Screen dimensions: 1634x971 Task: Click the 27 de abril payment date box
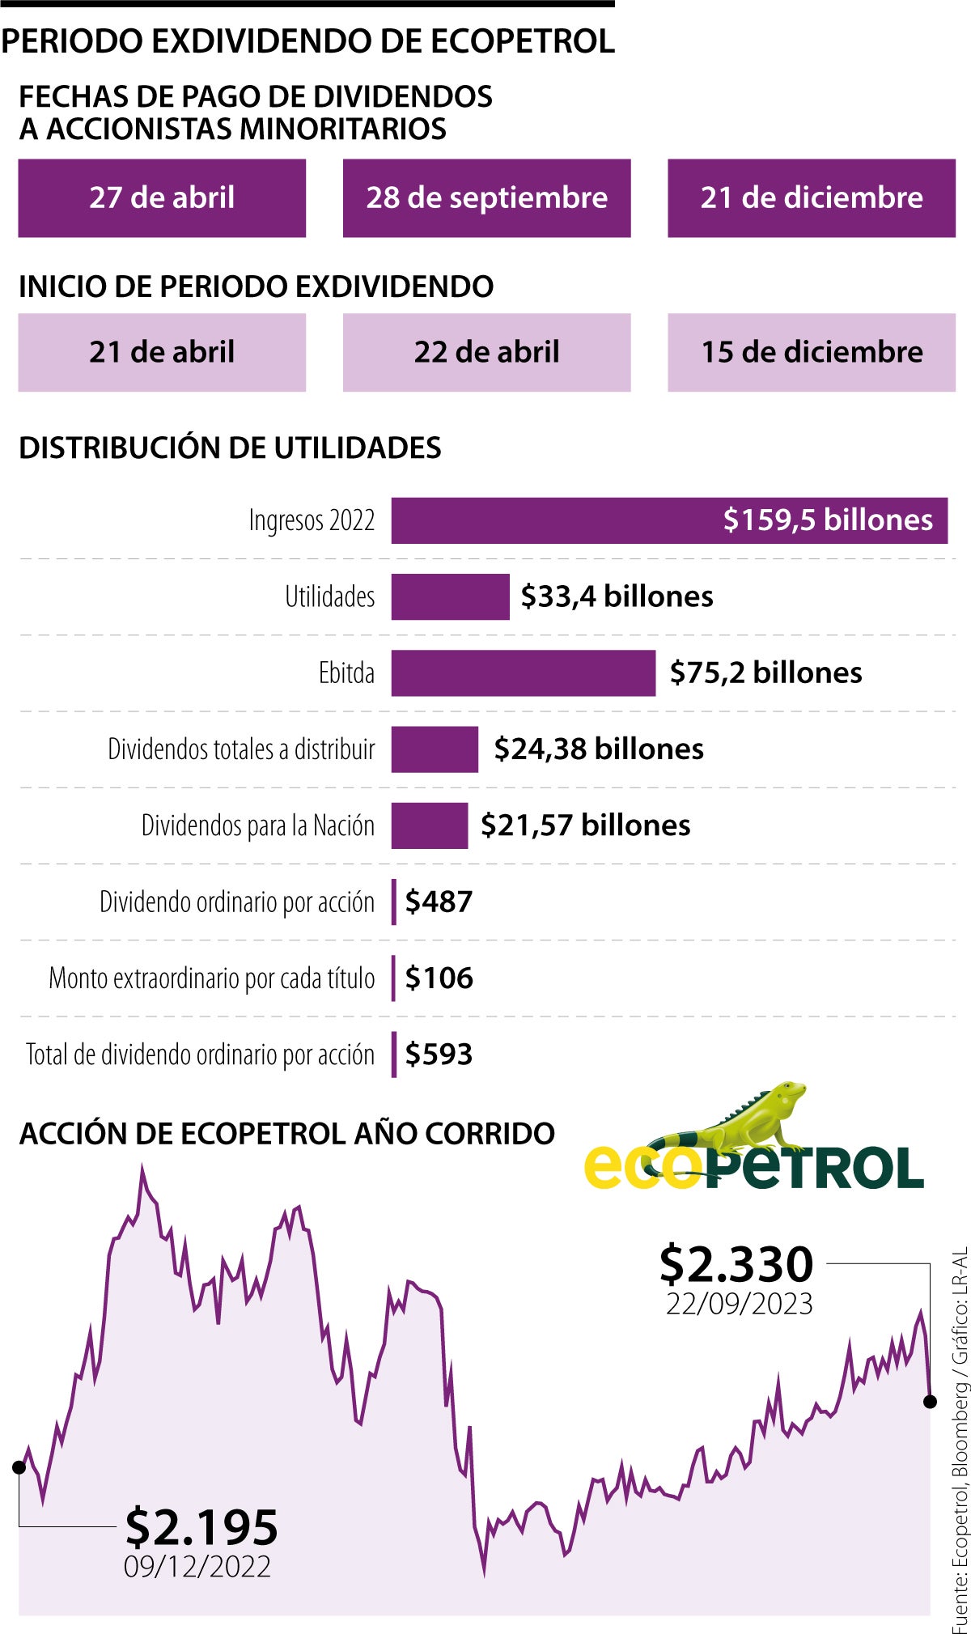click(x=162, y=198)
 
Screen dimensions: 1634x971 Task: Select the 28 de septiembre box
click(x=486, y=198)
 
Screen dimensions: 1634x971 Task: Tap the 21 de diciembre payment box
click(x=811, y=198)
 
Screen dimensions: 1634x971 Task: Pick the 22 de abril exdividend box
click(x=486, y=353)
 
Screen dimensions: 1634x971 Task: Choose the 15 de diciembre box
click(x=811, y=353)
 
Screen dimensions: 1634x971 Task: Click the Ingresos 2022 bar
click(x=668, y=520)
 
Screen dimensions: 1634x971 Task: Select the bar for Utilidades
click(x=450, y=597)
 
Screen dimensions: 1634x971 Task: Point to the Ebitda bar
click(x=523, y=673)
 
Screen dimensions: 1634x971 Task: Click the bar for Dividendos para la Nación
click(x=429, y=825)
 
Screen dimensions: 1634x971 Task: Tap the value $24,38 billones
click(x=598, y=749)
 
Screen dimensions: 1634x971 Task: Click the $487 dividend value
click(x=439, y=902)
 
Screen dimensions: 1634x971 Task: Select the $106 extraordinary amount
click(x=439, y=978)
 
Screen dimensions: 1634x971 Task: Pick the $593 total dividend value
click(x=439, y=1055)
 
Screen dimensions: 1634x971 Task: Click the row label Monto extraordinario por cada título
click(x=212, y=978)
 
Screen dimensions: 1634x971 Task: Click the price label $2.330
click(x=736, y=1265)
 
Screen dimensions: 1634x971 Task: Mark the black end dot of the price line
click(x=930, y=1401)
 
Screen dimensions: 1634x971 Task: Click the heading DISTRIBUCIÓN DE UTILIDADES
click(x=230, y=448)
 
